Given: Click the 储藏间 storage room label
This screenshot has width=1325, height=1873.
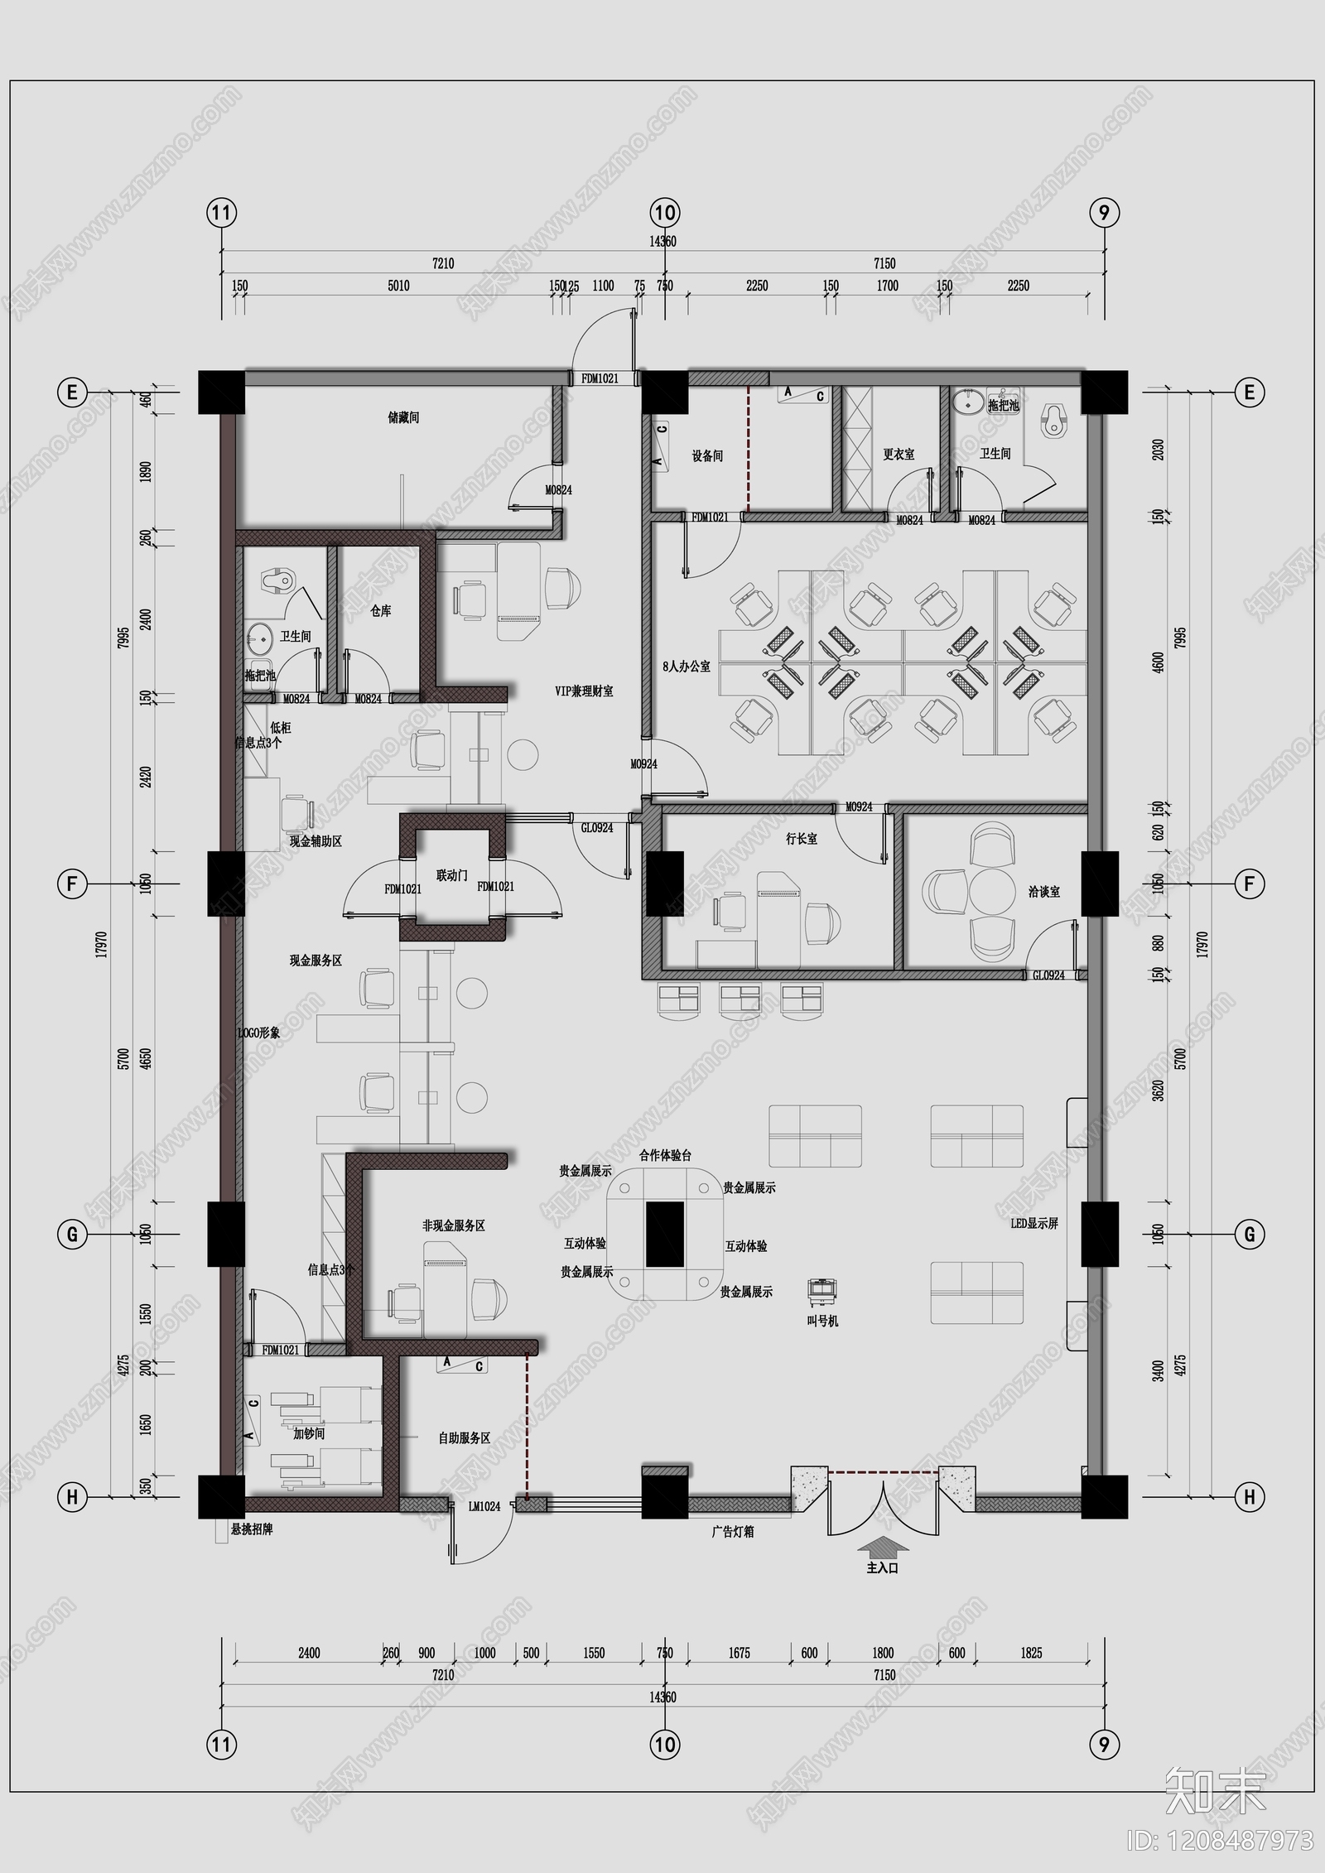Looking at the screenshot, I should tap(403, 418).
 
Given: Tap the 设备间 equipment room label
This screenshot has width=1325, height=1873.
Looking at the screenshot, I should tap(707, 456).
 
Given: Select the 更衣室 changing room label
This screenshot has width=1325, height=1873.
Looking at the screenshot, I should tap(899, 455).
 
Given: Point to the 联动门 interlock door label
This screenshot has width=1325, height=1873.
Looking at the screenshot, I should tap(452, 875).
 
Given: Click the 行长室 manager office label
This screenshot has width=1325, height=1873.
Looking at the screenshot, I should tap(801, 840).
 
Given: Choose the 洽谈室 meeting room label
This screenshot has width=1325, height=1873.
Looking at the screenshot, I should tap(1043, 892).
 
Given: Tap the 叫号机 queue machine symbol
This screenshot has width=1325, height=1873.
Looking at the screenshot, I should tap(822, 1291).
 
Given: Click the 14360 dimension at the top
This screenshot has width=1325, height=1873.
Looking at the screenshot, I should tap(662, 242).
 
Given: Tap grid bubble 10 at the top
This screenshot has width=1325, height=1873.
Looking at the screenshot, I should tap(665, 214).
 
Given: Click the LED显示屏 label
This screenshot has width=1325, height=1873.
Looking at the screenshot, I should tap(1033, 1224).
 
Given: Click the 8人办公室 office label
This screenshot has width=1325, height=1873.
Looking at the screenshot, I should tap(687, 666).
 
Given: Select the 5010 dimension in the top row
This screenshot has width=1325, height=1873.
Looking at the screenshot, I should tap(398, 286).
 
